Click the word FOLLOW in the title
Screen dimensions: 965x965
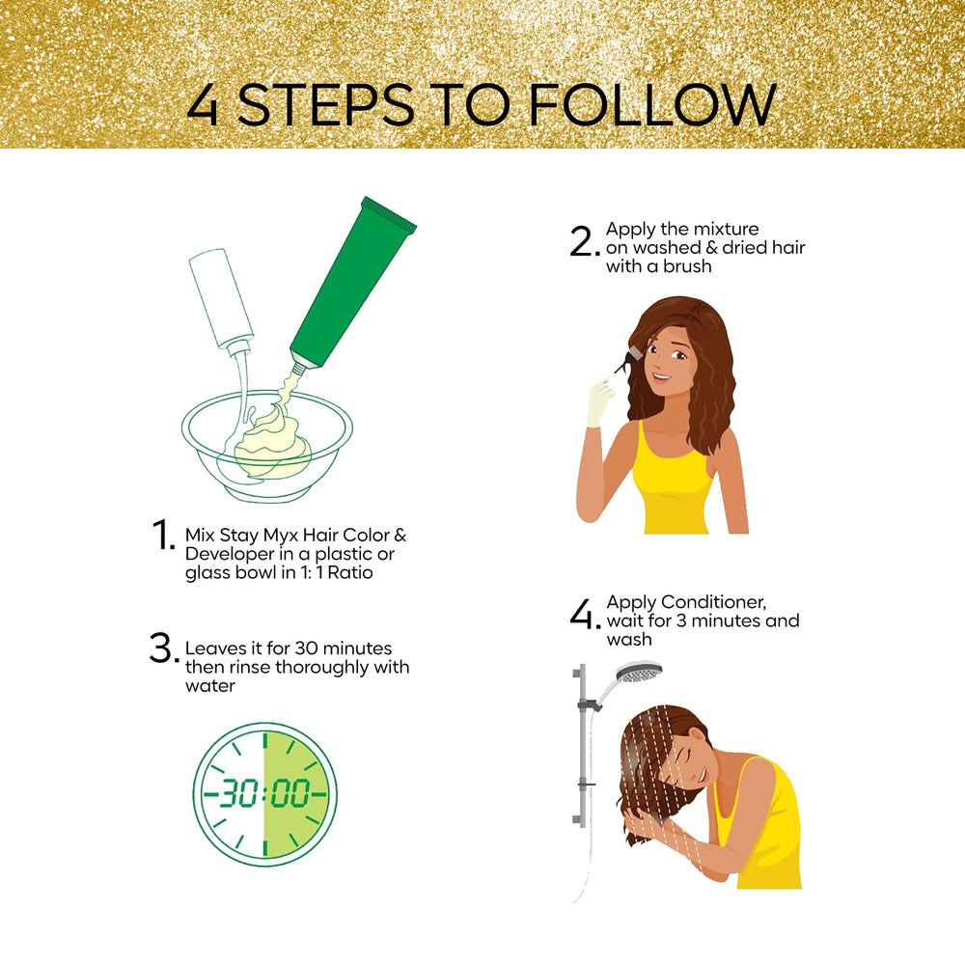[652, 104]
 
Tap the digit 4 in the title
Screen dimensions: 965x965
[203, 104]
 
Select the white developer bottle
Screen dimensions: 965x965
[222, 301]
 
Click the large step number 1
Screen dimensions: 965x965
[163, 535]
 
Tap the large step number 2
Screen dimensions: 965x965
[584, 241]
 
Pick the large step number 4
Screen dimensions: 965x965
[584, 614]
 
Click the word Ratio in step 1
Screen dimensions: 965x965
[350, 572]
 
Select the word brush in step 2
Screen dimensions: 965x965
[687, 266]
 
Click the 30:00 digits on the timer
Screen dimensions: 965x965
[265, 792]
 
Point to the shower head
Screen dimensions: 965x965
[639, 673]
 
